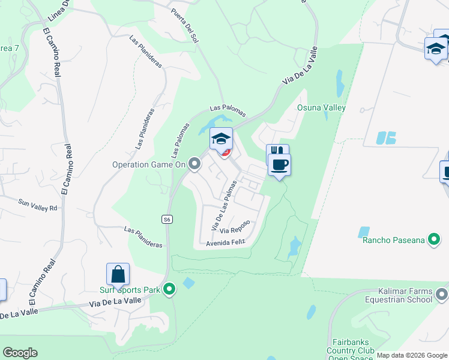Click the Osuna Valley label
point(322,108)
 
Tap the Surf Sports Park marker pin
point(170,290)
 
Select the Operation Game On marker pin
point(194,163)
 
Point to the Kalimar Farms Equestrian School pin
point(442,294)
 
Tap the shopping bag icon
point(118,275)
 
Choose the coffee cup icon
point(279,164)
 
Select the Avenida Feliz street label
point(226,243)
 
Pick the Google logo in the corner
point(19,353)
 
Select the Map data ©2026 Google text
point(412,355)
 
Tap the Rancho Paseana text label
point(393,241)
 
